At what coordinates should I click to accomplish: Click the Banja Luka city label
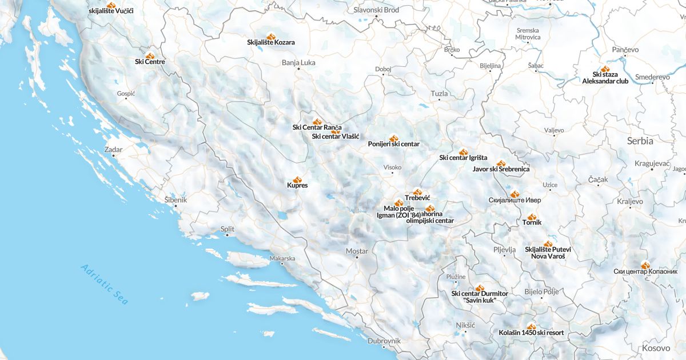point(298,62)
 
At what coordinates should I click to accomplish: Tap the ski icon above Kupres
point(297,179)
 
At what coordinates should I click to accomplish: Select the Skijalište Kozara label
point(271,42)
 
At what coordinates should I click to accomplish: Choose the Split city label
point(228,229)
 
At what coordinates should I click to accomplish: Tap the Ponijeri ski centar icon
point(393,138)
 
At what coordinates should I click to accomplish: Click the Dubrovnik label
point(384,341)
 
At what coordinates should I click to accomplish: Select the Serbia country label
point(640,141)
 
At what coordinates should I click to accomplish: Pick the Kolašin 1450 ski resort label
point(531,333)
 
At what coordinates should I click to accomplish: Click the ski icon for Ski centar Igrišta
point(463,152)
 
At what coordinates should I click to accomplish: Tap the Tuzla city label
point(439,93)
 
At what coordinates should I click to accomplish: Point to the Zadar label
point(113,149)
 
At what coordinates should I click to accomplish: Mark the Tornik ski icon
point(532,217)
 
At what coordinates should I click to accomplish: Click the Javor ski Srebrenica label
point(501,169)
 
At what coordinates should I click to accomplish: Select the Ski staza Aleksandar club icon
point(605,69)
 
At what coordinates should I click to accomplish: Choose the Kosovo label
point(656,348)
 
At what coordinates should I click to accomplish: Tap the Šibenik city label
point(176,200)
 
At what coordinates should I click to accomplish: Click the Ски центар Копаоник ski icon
point(645,265)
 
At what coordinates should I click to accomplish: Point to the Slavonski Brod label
point(376,10)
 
